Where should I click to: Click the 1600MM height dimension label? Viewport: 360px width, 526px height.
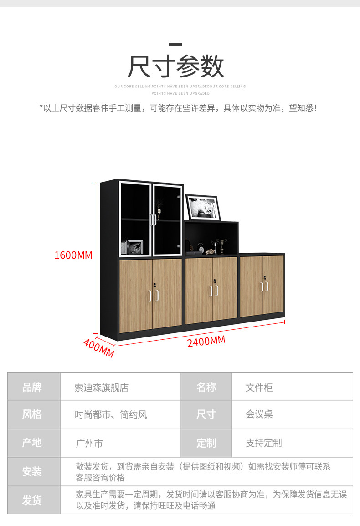coord(73,255)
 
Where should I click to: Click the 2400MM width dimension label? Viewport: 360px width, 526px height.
coord(206,341)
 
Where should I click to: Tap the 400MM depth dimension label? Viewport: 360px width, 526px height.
coord(98,348)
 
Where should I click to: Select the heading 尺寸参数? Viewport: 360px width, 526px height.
coord(176,66)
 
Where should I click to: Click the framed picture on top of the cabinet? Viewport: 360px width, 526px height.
coord(203,208)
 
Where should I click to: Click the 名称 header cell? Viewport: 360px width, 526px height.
coord(206,387)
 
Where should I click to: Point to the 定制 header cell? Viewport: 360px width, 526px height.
coord(206,443)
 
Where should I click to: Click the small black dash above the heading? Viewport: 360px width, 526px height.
coord(175,45)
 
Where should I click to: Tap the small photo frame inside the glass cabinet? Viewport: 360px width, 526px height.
coord(135,247)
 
